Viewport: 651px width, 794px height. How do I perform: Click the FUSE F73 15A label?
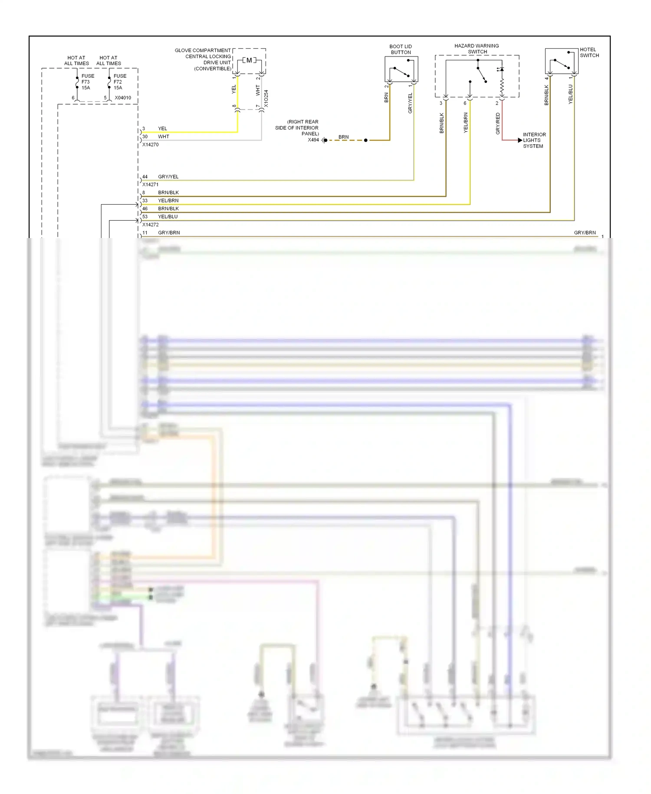click(x=87, y=82)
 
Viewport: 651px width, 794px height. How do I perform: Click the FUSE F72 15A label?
click(x=119, y=82)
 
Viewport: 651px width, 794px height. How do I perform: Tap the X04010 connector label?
click(x=123, y=98)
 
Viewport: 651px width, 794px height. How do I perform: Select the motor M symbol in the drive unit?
click(x=249, y=60)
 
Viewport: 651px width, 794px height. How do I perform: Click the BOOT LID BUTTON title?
click(x=401, y=50)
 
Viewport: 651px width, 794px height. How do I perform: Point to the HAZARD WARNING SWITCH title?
click(x=477, y=49)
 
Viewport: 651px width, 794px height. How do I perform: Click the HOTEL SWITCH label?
click(x=589, y=53)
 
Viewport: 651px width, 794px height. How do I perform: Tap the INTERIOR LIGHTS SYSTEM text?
click(x=534, y=140)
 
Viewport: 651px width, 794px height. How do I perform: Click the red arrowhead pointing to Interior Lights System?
click(x=520, y=140)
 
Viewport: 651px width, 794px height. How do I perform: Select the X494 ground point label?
click(x=313, y=140)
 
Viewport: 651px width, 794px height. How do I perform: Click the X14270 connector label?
click(x=150, y=145)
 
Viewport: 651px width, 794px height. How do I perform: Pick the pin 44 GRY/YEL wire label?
click(x=168, y=177)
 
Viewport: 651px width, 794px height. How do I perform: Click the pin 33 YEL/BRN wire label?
click(x=168, y=201)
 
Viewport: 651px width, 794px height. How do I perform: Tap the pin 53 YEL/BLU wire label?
click(x=168, y=217)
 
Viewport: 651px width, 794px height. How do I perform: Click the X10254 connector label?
click(x=266, y=99)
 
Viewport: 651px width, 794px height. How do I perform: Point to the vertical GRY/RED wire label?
click(x=498, y=123)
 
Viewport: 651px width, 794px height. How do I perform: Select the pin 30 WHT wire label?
click(x=163, y=137)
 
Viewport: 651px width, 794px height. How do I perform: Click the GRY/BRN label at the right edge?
click(x=585, y=233)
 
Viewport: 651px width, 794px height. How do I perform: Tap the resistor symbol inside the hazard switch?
click(x=502, y=87)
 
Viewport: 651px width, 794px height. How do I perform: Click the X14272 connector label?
click(x=150, y=225)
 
